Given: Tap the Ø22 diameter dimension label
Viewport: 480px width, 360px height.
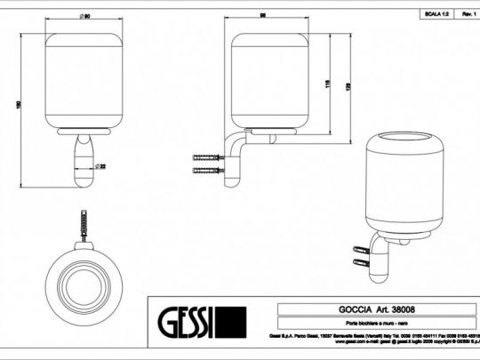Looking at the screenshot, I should pos(102,164).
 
